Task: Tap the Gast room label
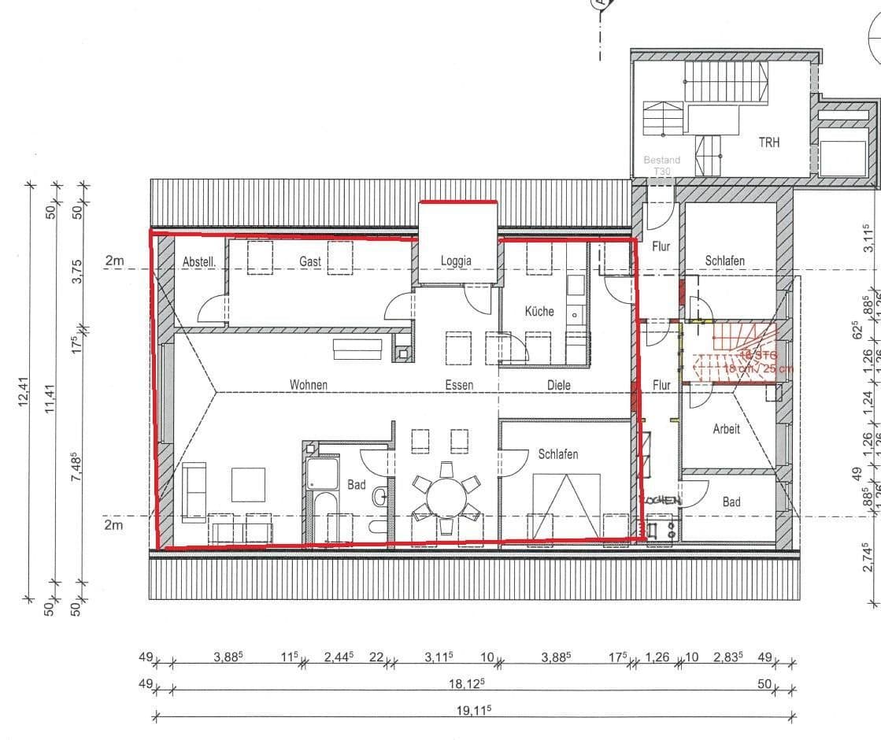click(309, 261)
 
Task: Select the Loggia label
click(456, 261)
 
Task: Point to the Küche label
click(539, 311)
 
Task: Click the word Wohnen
click(308, 385)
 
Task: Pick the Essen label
click(458, 385)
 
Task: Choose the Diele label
click(558, 385)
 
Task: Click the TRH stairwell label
click(769, 142)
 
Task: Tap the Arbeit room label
click(726, 429)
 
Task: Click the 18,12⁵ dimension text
click(466, 684)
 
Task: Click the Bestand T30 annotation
click(661, 165)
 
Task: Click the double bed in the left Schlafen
click(565, 505)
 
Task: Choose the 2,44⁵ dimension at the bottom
click(342, 658)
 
